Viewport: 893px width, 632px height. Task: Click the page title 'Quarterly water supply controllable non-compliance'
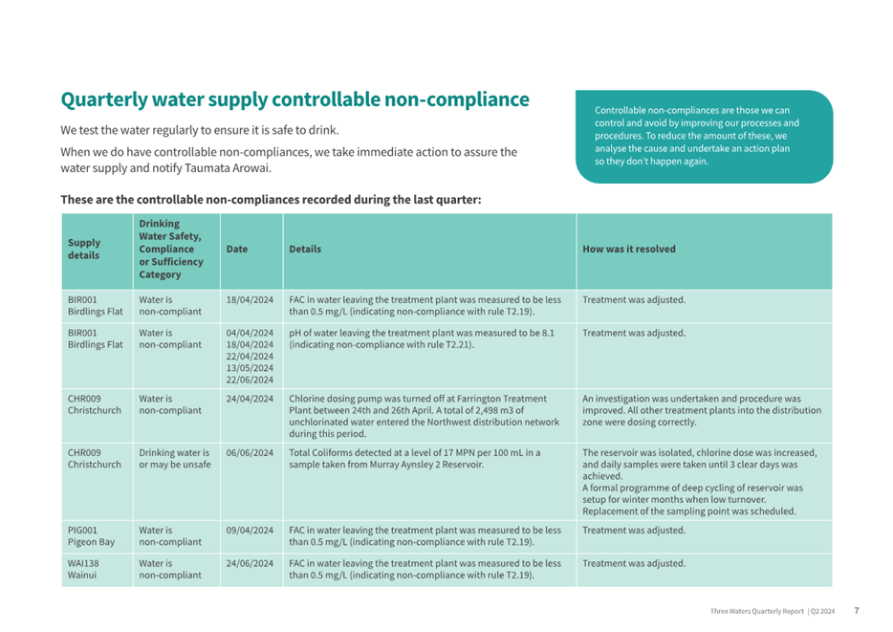(295, 99)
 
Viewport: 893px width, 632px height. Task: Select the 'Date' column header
(237, 249)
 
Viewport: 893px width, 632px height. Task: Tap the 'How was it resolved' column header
(629, 249)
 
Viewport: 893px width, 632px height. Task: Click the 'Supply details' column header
(84, 249)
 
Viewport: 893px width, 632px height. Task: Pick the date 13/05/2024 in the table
(250, 368)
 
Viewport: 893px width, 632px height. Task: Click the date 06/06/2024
(250, 452)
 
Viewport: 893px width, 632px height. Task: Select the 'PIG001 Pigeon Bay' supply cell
(91, 535)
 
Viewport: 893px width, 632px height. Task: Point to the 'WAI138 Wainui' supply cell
(83, 569)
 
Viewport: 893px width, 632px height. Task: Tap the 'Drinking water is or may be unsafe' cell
(175, 458)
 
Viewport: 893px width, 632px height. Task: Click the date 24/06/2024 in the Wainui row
(250, 563)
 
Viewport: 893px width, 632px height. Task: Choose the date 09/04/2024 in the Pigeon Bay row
(250, 530)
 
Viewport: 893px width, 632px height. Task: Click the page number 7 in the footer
(857, 610)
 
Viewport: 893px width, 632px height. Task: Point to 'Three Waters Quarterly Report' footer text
(757, 611)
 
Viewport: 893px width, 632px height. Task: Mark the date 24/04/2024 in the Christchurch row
(250, 399)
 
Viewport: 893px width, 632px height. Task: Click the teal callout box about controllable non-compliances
(704, 137)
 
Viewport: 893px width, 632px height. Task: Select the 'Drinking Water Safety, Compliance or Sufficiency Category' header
(171, 249)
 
